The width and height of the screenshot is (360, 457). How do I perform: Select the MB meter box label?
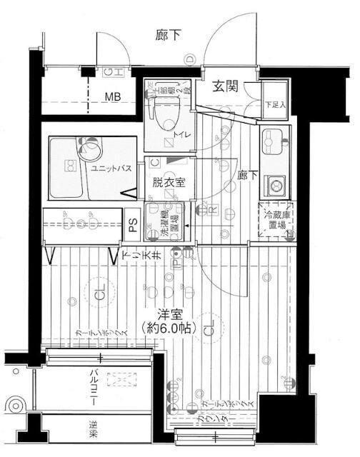tap(112, 96)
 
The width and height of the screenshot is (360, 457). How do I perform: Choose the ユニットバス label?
tap(109, 168)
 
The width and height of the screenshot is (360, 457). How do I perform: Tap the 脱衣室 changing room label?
tap(169, 182)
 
